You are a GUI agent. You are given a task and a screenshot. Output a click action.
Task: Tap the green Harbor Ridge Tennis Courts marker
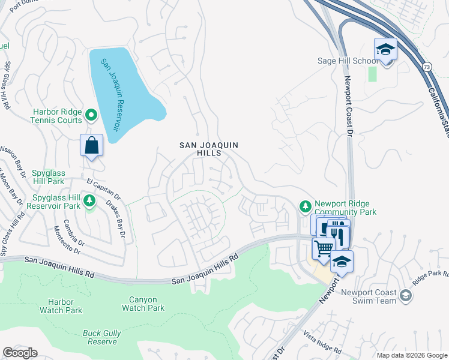[x=91, y=114]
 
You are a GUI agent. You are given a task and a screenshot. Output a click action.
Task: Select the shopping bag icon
[x=91, y=146]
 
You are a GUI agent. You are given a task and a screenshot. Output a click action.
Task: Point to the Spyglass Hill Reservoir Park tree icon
[x=89, y=200]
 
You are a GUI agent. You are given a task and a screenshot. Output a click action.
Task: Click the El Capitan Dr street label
[x=103, y=188]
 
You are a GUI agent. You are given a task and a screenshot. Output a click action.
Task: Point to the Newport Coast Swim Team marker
[x=406, y=295]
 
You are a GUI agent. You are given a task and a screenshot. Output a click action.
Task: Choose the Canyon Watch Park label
[x=143, y=304]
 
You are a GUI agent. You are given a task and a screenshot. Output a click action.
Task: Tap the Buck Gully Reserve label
[x=101, y=337]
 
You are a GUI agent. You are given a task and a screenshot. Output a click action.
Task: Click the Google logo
[x=20, y=353]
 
